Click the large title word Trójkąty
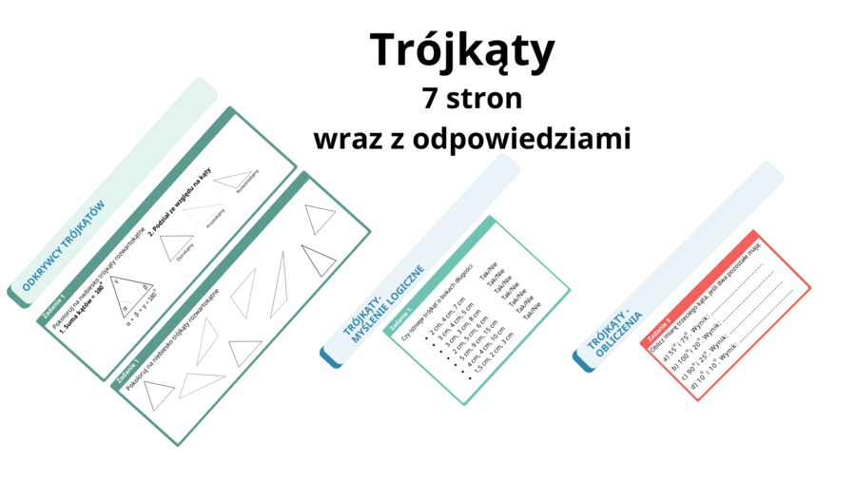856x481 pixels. (x=461, y=50)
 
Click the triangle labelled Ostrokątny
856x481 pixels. (x=176, y=249)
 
